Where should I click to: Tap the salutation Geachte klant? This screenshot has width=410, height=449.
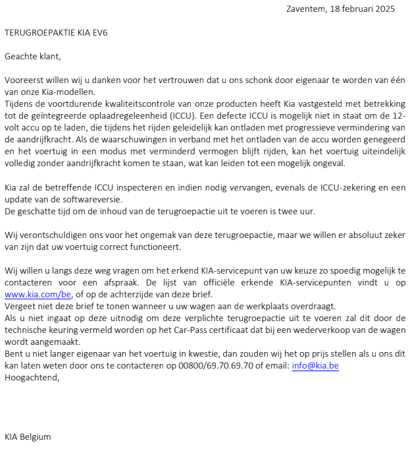[x=32, y=56]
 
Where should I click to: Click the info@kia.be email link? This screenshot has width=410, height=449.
[x=315, y=366]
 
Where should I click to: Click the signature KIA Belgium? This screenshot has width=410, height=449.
[x=28, y=436]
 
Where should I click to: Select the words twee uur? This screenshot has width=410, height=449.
[x=299, y=212]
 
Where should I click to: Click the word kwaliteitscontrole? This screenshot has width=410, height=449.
[x=131, y=104]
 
